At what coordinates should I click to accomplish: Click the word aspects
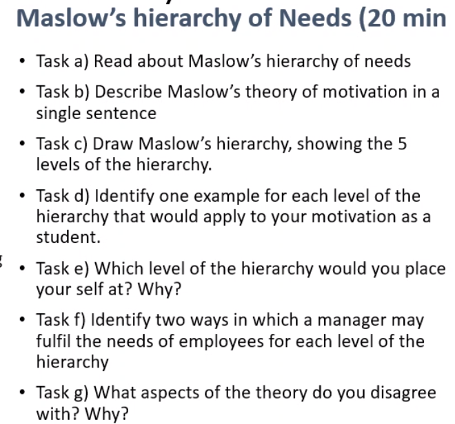click(161, 393)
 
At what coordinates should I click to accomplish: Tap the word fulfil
click(52, 341)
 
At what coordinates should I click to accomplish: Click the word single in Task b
click(57, 112)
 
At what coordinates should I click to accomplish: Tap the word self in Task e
click(81, 288)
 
